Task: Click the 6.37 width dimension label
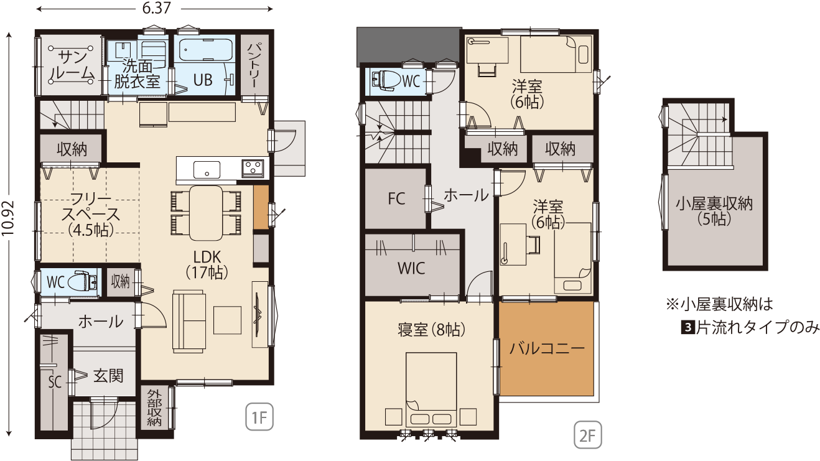click(156, 8)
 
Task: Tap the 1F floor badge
click(259, 417)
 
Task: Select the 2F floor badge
click(587, 435)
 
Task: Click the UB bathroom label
click(202, 80)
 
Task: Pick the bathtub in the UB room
click(207, 49)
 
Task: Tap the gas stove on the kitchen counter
click(253, 169)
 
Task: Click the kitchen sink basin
click(207, 170)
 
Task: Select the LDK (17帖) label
click(207, 265)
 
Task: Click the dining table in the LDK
click(206, 213)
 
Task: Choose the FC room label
click(396, 198)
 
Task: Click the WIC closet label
click(411, 268)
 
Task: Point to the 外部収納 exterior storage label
click(154, 407)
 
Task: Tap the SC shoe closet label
click(55, 382)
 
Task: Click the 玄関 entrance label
click(108, 376)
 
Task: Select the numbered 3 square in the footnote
click(688, 327)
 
